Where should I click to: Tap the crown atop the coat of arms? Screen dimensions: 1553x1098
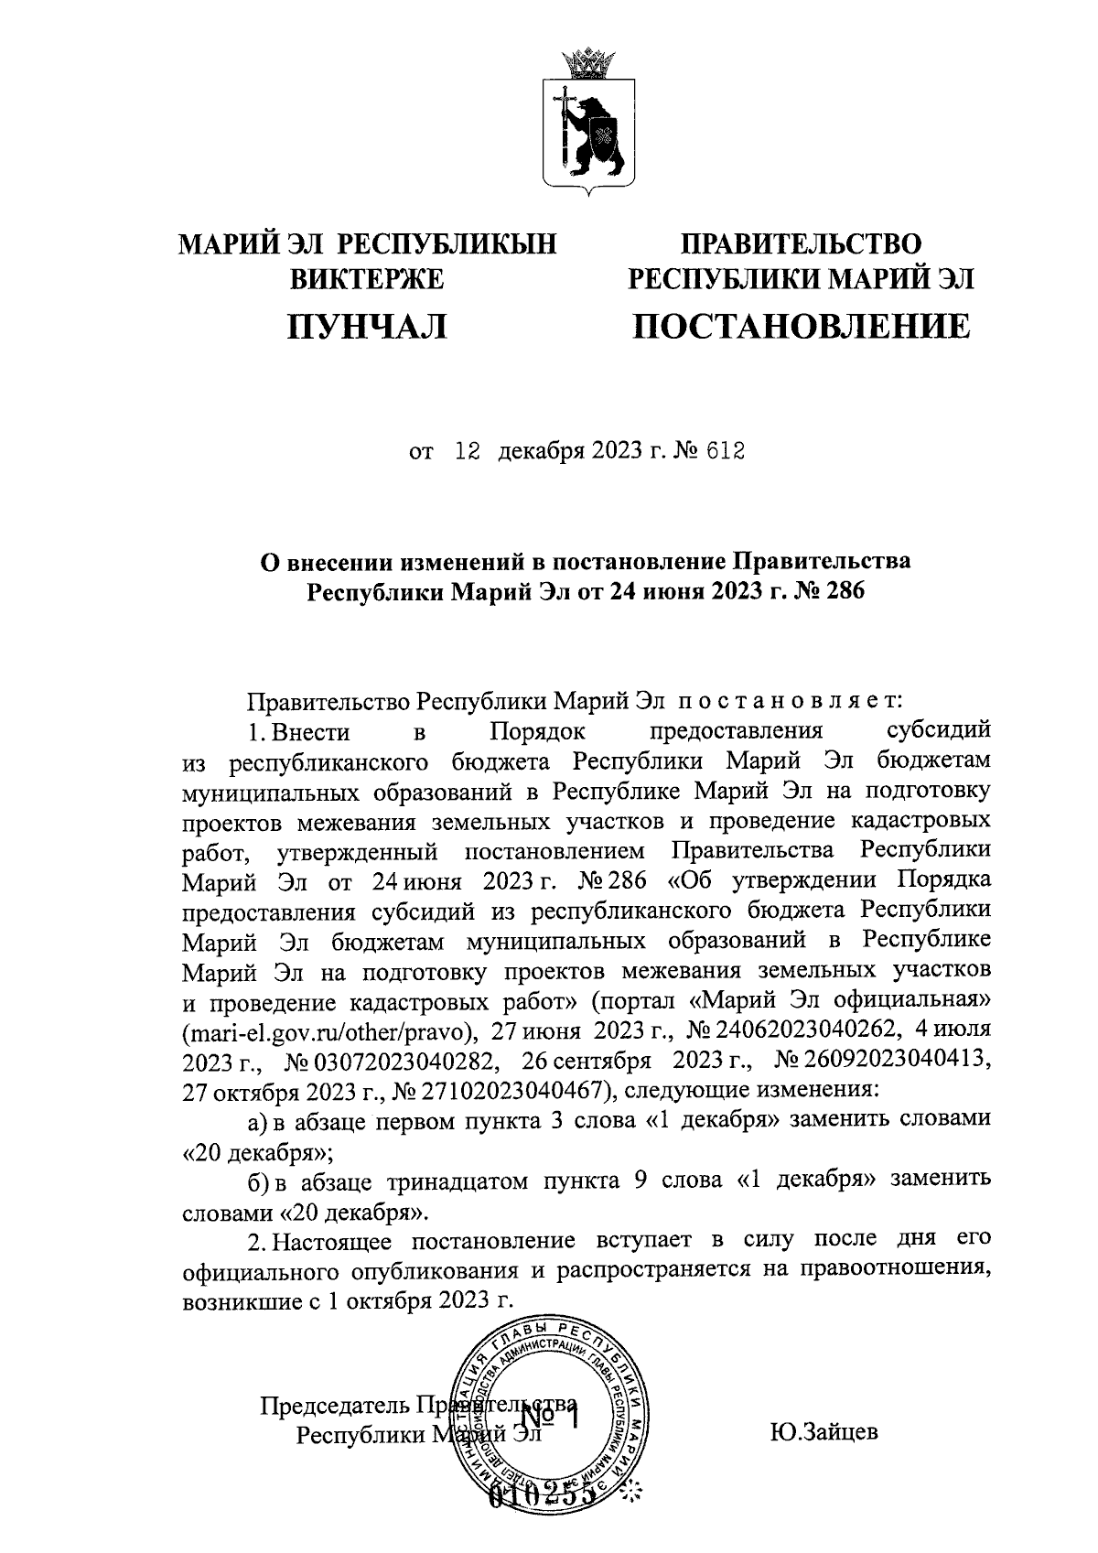point(586,64)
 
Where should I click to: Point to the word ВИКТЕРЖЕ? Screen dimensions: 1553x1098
point(367,278)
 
